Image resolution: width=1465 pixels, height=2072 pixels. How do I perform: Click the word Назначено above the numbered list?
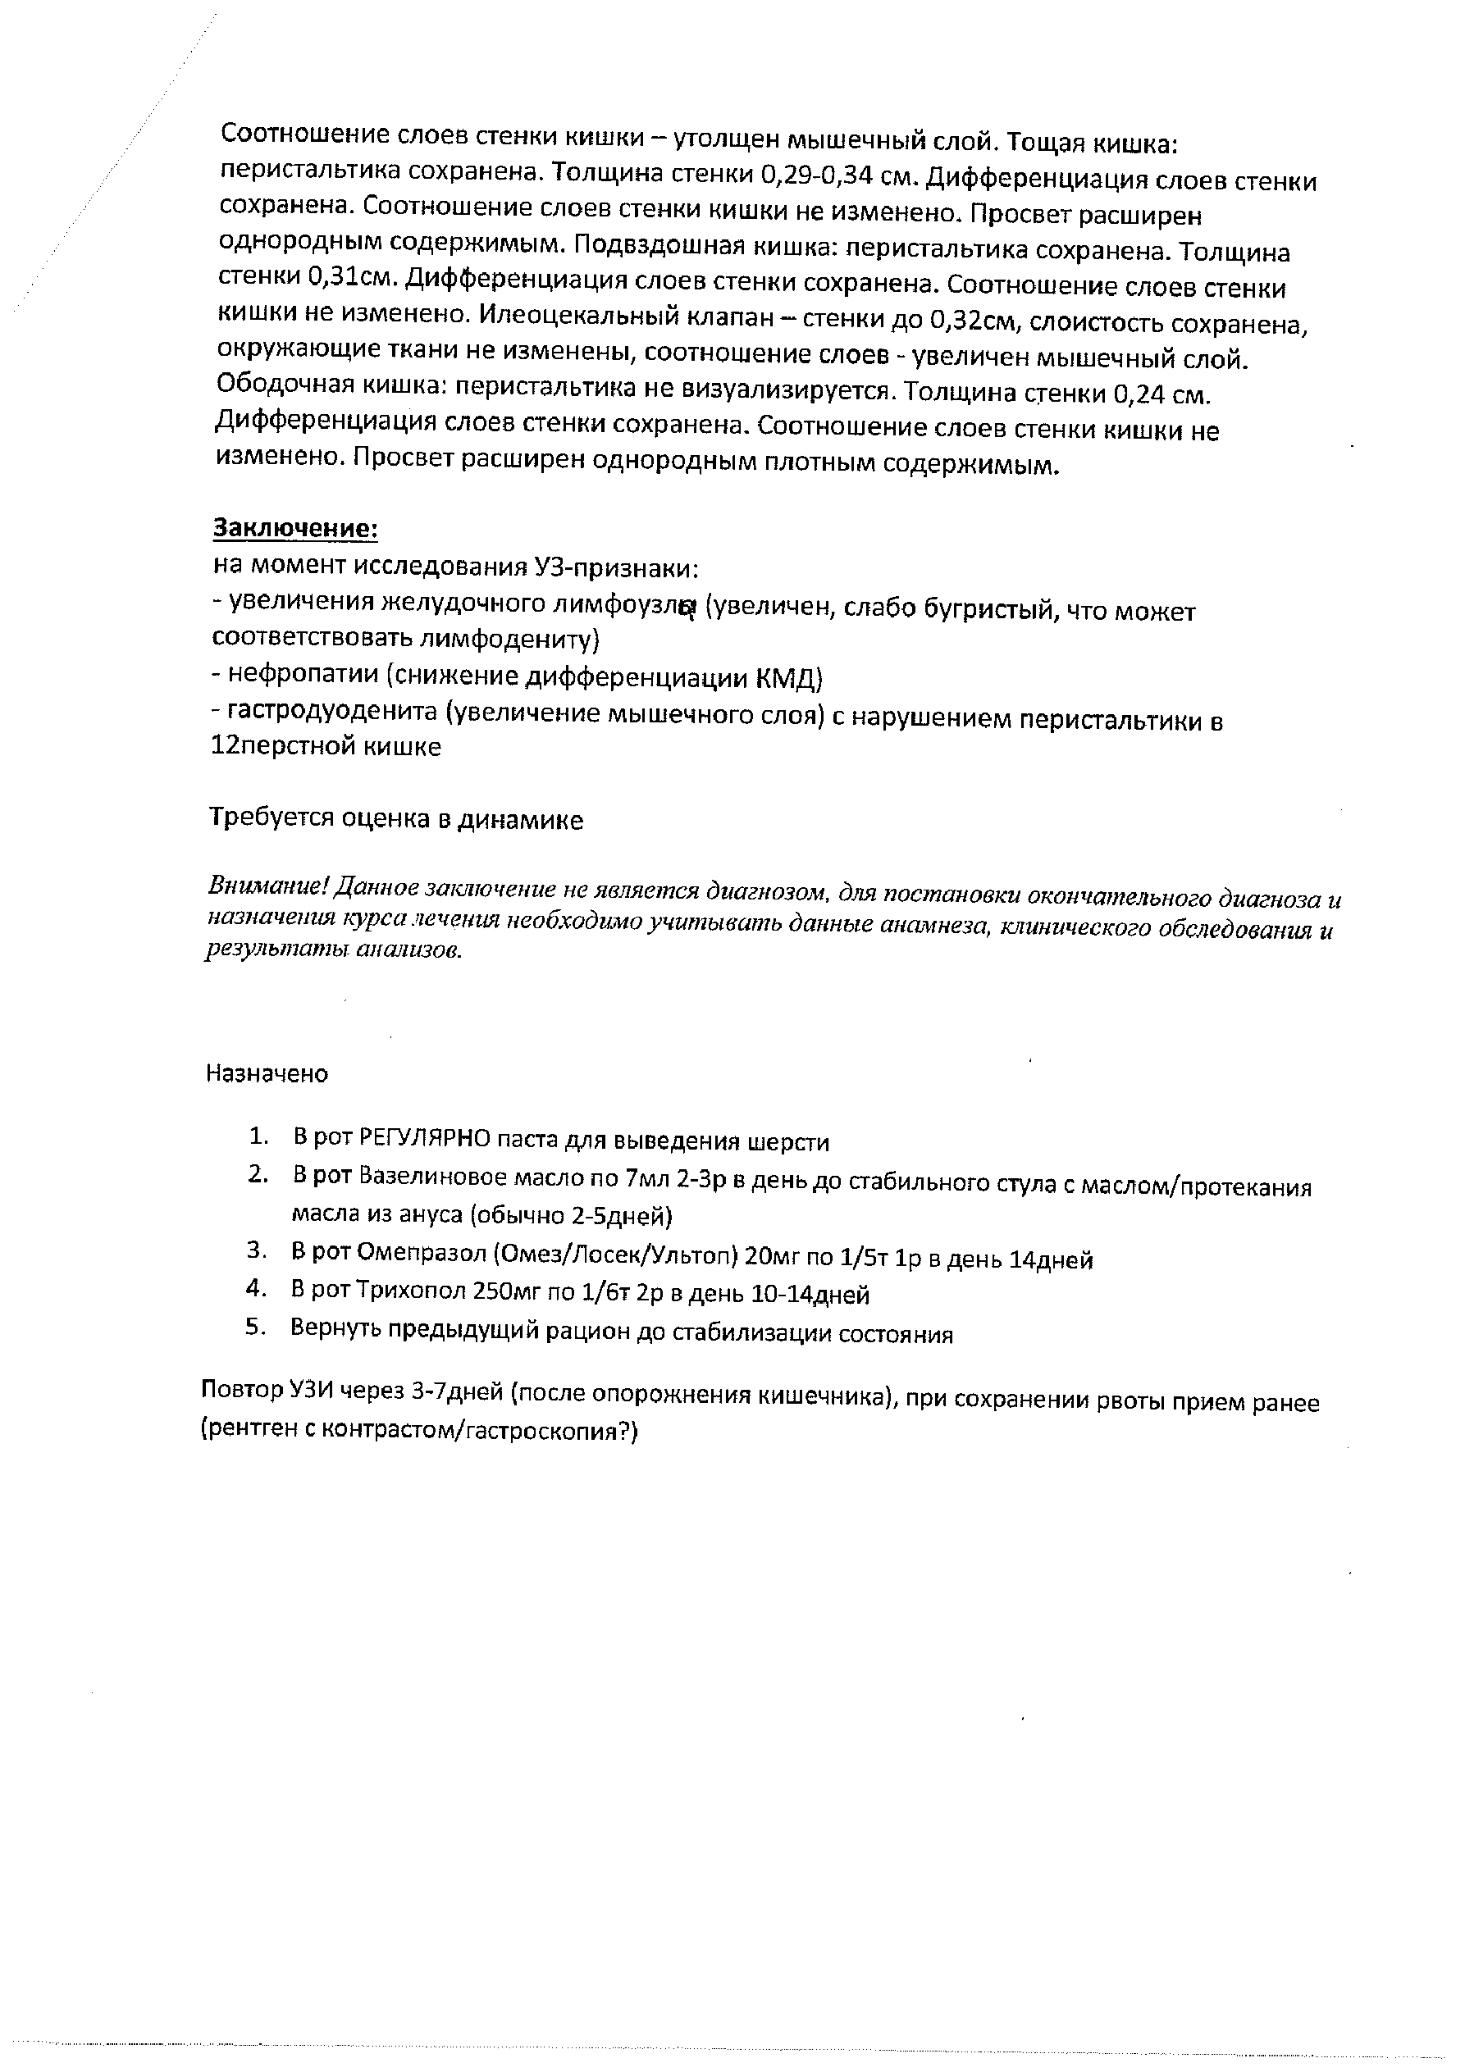[x=267, y=1074]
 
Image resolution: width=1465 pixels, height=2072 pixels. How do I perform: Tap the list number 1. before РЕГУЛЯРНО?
[x=259, y=1136]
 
